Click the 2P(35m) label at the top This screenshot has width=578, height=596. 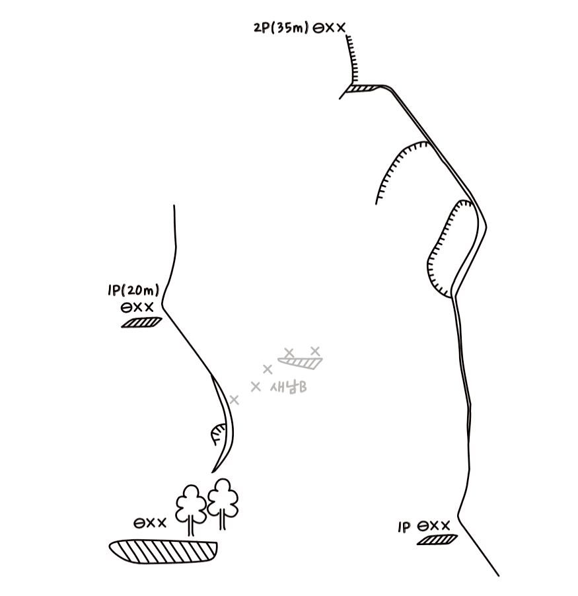281,28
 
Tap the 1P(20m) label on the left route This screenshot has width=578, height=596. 133,291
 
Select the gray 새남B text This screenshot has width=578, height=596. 289,387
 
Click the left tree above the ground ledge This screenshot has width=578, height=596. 191,509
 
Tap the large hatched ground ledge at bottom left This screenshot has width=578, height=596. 163,552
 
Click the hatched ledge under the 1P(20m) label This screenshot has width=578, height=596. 142,322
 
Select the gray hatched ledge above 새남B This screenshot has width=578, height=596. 300,363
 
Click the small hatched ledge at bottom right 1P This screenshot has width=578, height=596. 437,539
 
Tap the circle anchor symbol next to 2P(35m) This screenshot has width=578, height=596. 318,28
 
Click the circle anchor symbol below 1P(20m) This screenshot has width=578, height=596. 126,307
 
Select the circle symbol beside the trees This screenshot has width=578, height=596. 139,523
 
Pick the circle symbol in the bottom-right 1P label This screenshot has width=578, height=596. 423,527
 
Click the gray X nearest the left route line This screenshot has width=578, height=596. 234,400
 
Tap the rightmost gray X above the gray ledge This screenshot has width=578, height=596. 315,350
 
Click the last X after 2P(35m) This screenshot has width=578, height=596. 340,27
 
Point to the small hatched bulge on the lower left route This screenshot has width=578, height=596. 217,434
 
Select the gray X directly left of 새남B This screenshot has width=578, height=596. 256,387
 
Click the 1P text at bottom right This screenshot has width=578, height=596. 404,527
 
